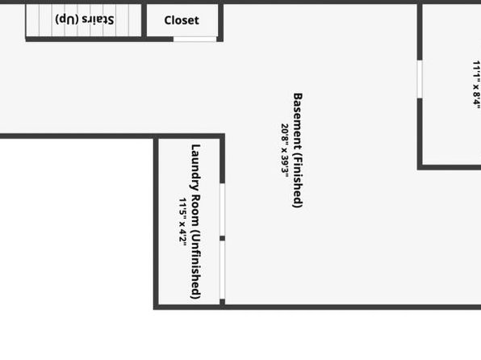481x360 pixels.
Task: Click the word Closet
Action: coord(182,20)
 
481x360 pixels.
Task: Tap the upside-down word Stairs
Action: coord(98,19)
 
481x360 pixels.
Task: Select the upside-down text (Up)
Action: coord(67,19)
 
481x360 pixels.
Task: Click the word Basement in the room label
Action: coord(298,117)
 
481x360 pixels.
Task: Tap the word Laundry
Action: coord(195,167)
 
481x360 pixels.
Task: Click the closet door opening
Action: coord(194,39)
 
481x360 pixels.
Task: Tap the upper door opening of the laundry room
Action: coord(223,210)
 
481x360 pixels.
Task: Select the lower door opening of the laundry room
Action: coord(223,270)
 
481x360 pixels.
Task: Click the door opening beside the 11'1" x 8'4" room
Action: coord(420,79)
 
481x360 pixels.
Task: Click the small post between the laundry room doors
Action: coord(223,238)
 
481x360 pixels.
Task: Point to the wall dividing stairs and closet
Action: coord(144,20)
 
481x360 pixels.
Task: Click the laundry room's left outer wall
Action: coord(156,222)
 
